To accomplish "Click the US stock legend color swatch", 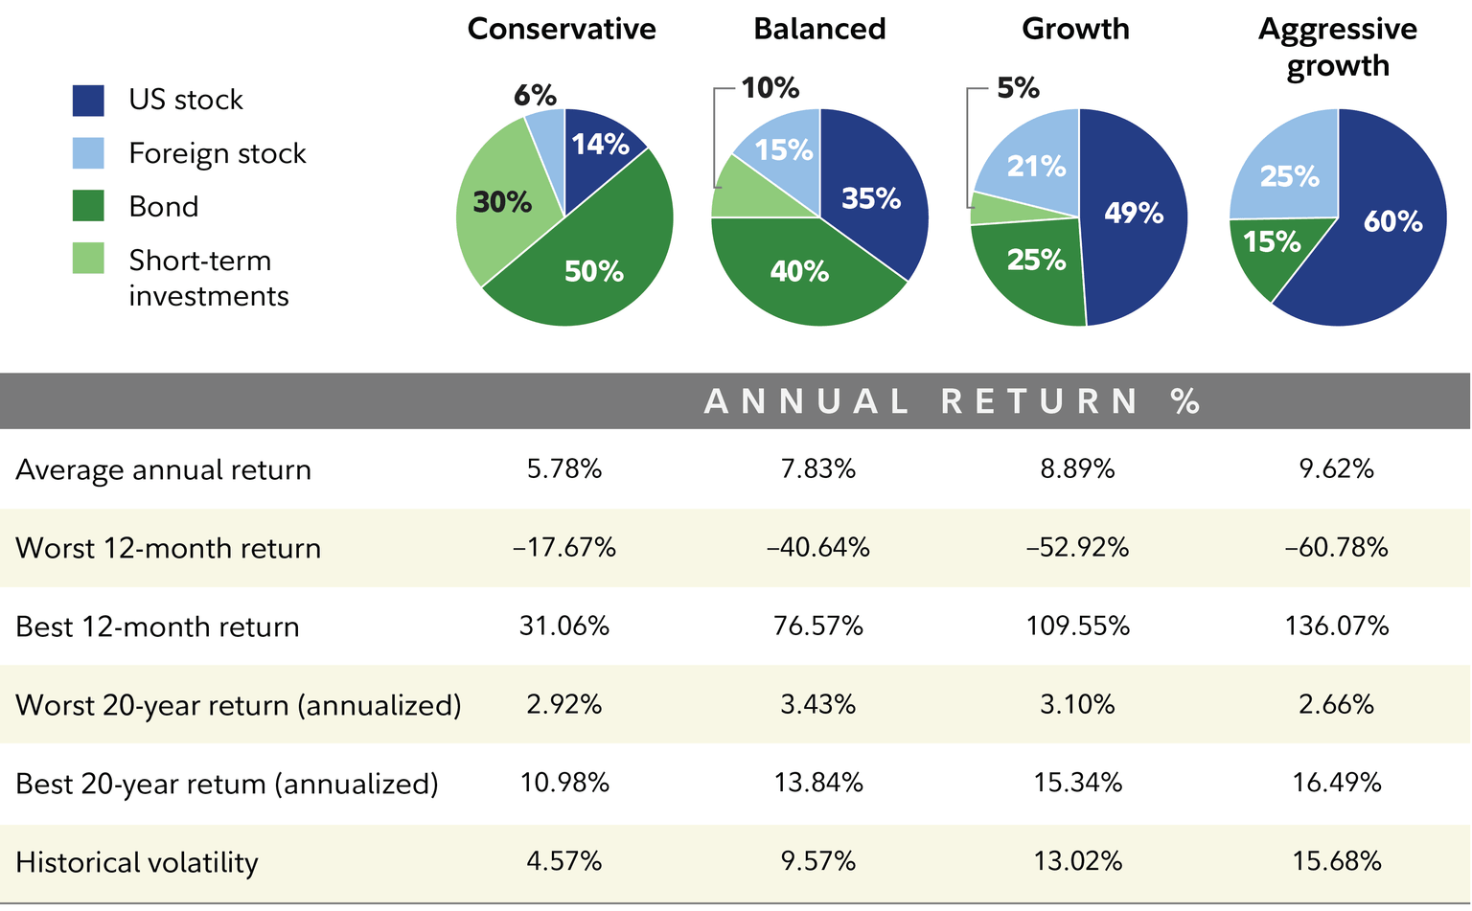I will click(88, 101).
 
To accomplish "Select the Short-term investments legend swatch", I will click(88, 259).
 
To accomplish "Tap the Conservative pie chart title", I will click(562, 29).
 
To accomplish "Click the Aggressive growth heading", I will click(1337, 47).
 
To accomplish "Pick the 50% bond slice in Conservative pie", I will click(593, 272).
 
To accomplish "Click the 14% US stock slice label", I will click(600, 145).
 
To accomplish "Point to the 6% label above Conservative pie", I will click(535, 95).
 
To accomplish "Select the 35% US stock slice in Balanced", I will click(870, 198).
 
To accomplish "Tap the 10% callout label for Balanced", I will click(770, 88).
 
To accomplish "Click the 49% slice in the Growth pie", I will click(1133, 213).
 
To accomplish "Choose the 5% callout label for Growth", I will click(1018, 88).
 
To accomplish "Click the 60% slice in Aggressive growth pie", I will click(1391, 222).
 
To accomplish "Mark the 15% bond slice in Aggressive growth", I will click(1272, 242).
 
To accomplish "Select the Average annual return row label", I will click(164, 470).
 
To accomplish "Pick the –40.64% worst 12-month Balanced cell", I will click(817, 548).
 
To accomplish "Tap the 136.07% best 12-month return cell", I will click(1336, 626).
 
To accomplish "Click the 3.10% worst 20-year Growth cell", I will click(1077, 705).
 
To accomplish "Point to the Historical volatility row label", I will click(137, 862).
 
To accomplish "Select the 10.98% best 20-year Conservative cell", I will click(564, 784).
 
